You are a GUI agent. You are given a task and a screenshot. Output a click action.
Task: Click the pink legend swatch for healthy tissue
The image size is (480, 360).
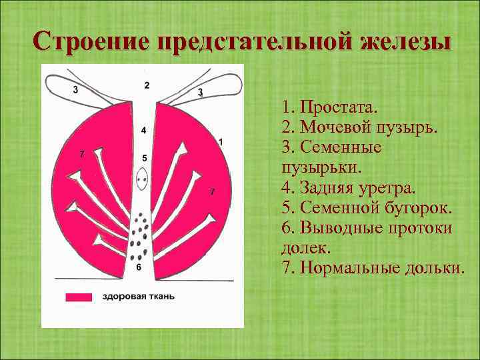(79, 297)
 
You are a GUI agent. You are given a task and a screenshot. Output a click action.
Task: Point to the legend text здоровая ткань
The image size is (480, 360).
(139, 297)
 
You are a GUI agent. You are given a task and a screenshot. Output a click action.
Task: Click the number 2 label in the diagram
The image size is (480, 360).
(146, 85)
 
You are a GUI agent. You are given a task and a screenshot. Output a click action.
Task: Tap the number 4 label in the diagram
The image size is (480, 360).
(143, 130)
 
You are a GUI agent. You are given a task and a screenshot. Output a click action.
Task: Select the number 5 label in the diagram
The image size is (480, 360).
(143, 158)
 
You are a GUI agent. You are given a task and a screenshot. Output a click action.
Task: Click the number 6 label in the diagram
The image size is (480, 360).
(139, 267)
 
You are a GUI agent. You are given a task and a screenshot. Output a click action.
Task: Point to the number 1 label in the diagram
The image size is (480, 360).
(221, 141)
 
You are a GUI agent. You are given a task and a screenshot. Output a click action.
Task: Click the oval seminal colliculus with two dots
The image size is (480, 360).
(141, 179)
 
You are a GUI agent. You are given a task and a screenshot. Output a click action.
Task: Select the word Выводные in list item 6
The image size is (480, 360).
(335, 227)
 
